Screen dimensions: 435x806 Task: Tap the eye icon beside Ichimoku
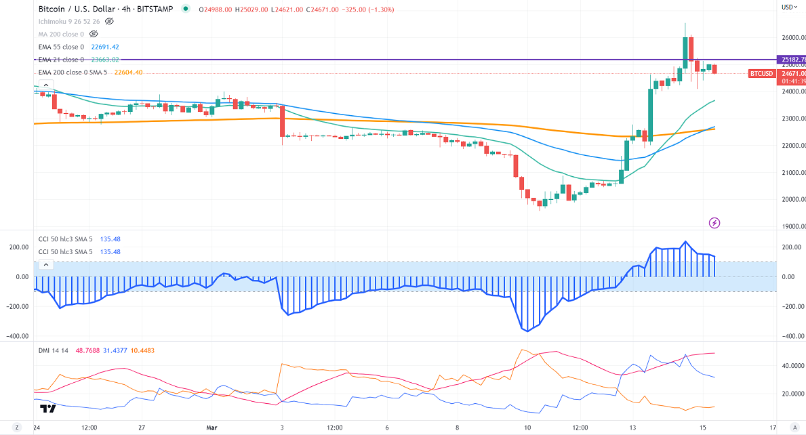pos(109,22)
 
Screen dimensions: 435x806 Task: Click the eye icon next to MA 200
pos(90,34)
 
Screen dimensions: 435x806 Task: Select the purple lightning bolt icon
pos(714,222)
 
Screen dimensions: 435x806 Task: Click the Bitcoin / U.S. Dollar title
pos(76,9)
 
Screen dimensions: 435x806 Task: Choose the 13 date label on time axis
pos(632,428)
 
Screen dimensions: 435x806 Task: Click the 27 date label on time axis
pos(141,428)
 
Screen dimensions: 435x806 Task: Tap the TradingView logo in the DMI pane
pos(47,409)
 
